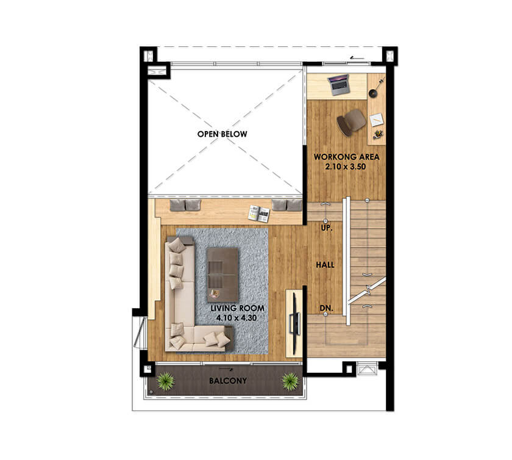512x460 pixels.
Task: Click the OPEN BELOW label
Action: click(x=222, y=134)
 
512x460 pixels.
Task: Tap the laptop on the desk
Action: click(x=339, y=85)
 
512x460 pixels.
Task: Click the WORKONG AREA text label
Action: click(x=346, y=157)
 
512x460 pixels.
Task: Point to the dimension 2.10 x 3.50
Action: click(x=346, y=167)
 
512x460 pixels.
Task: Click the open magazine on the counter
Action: click(x=259, y=214)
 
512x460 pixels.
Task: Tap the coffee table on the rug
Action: click(x=222, y=275)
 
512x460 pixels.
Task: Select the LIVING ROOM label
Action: click(x=237, y=308)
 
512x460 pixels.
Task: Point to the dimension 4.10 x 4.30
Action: click(x=236, y=318)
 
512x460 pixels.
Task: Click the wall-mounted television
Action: click(x=294, y=324)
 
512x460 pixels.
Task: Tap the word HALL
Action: click(x=325, y=265)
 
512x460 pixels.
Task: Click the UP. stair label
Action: click(x=326, y=228)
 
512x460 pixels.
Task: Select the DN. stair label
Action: click(x=326, y=308)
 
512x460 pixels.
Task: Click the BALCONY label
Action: click(x=228, y=381)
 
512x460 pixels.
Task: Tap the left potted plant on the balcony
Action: click(x=166, y=381)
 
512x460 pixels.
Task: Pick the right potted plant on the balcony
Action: click(x=290, y=381)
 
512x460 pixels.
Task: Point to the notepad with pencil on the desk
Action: click(x=377, y=120)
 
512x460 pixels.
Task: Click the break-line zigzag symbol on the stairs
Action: click(x=368, y=290)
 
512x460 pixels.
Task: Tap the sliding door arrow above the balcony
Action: click(x=226, y=369)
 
